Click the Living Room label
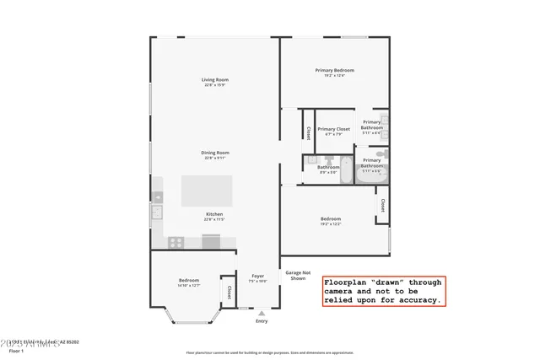click(215, 79)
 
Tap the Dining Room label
click(215, 153)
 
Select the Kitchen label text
click(215, 214)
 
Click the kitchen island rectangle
click(208, 191)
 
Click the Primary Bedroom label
click(334, 70)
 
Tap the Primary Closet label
click(334, 129)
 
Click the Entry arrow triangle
click(262, 313)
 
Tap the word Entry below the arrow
click(262, 320)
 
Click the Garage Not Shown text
click(297, 275)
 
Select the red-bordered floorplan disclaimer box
click(383, 291)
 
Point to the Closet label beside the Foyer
click(229, 292)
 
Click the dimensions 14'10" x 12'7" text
click(188, 286)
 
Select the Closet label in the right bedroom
click(383, 205)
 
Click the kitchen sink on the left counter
click(157, 211)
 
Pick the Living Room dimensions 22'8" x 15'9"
click(215, 85)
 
